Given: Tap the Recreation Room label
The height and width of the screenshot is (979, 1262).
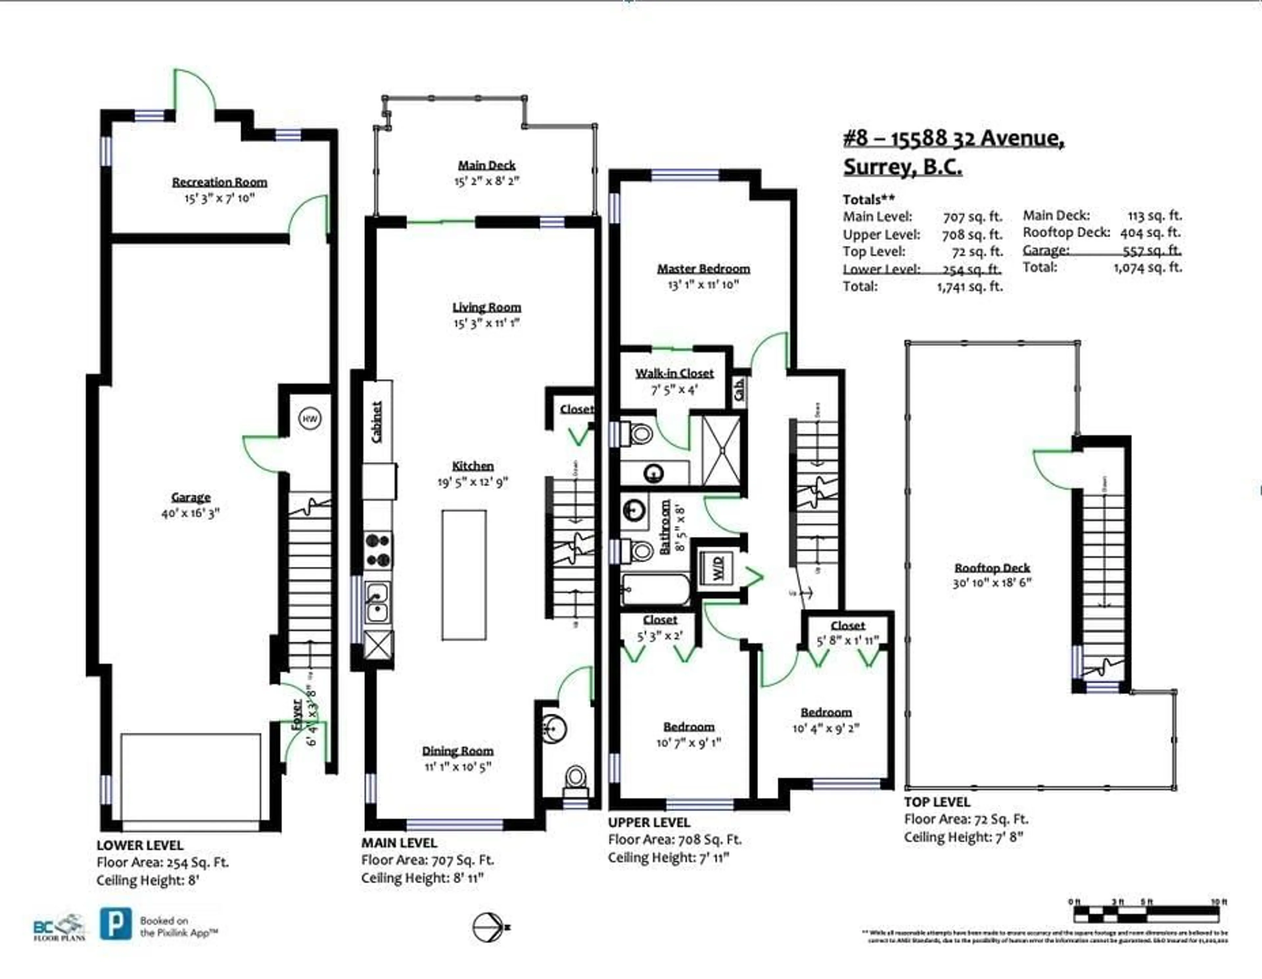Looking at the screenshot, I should pos(220,182).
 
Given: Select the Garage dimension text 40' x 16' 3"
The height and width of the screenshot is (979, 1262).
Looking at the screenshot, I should pos(191,513).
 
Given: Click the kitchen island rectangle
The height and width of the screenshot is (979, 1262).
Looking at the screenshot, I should pos(464,575).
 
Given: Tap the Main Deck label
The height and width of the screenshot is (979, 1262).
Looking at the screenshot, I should pos(486,165).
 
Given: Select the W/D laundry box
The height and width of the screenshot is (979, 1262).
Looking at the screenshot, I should pos(716,569).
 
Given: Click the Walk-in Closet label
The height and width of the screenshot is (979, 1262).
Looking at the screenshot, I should pos(674,373).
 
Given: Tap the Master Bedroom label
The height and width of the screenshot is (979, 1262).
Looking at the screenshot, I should pos(703,269).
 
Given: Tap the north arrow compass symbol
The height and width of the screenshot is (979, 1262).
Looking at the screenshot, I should pos(489,927).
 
